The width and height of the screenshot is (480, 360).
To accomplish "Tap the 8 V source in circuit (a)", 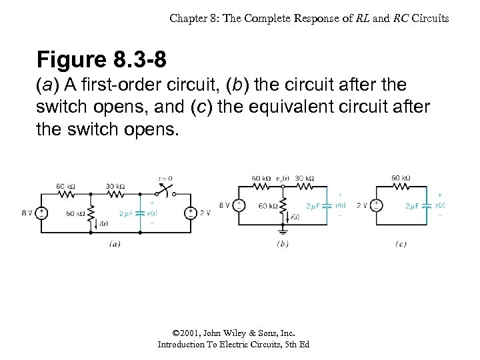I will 41,213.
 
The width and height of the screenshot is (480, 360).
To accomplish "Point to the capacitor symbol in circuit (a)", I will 140,213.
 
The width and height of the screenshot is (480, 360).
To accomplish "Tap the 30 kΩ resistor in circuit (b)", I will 304,187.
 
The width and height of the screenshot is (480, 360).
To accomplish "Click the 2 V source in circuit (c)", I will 377,205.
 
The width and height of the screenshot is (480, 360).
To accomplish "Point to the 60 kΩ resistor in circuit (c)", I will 401,187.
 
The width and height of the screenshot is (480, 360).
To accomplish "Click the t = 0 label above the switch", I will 165,179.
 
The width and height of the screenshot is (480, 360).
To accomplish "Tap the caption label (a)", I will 115,244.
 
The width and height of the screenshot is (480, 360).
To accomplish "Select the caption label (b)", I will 283,244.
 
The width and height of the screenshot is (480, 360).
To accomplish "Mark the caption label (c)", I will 401,244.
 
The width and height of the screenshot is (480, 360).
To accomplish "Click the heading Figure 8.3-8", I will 102,60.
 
